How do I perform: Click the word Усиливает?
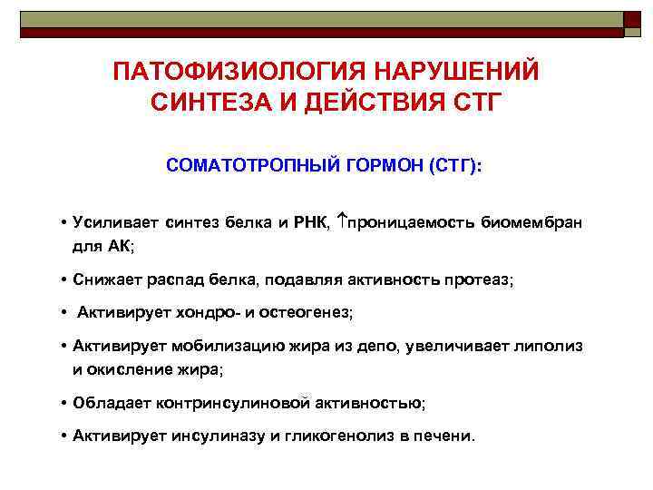click(110, 224)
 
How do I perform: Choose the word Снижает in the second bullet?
click(102, 281)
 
